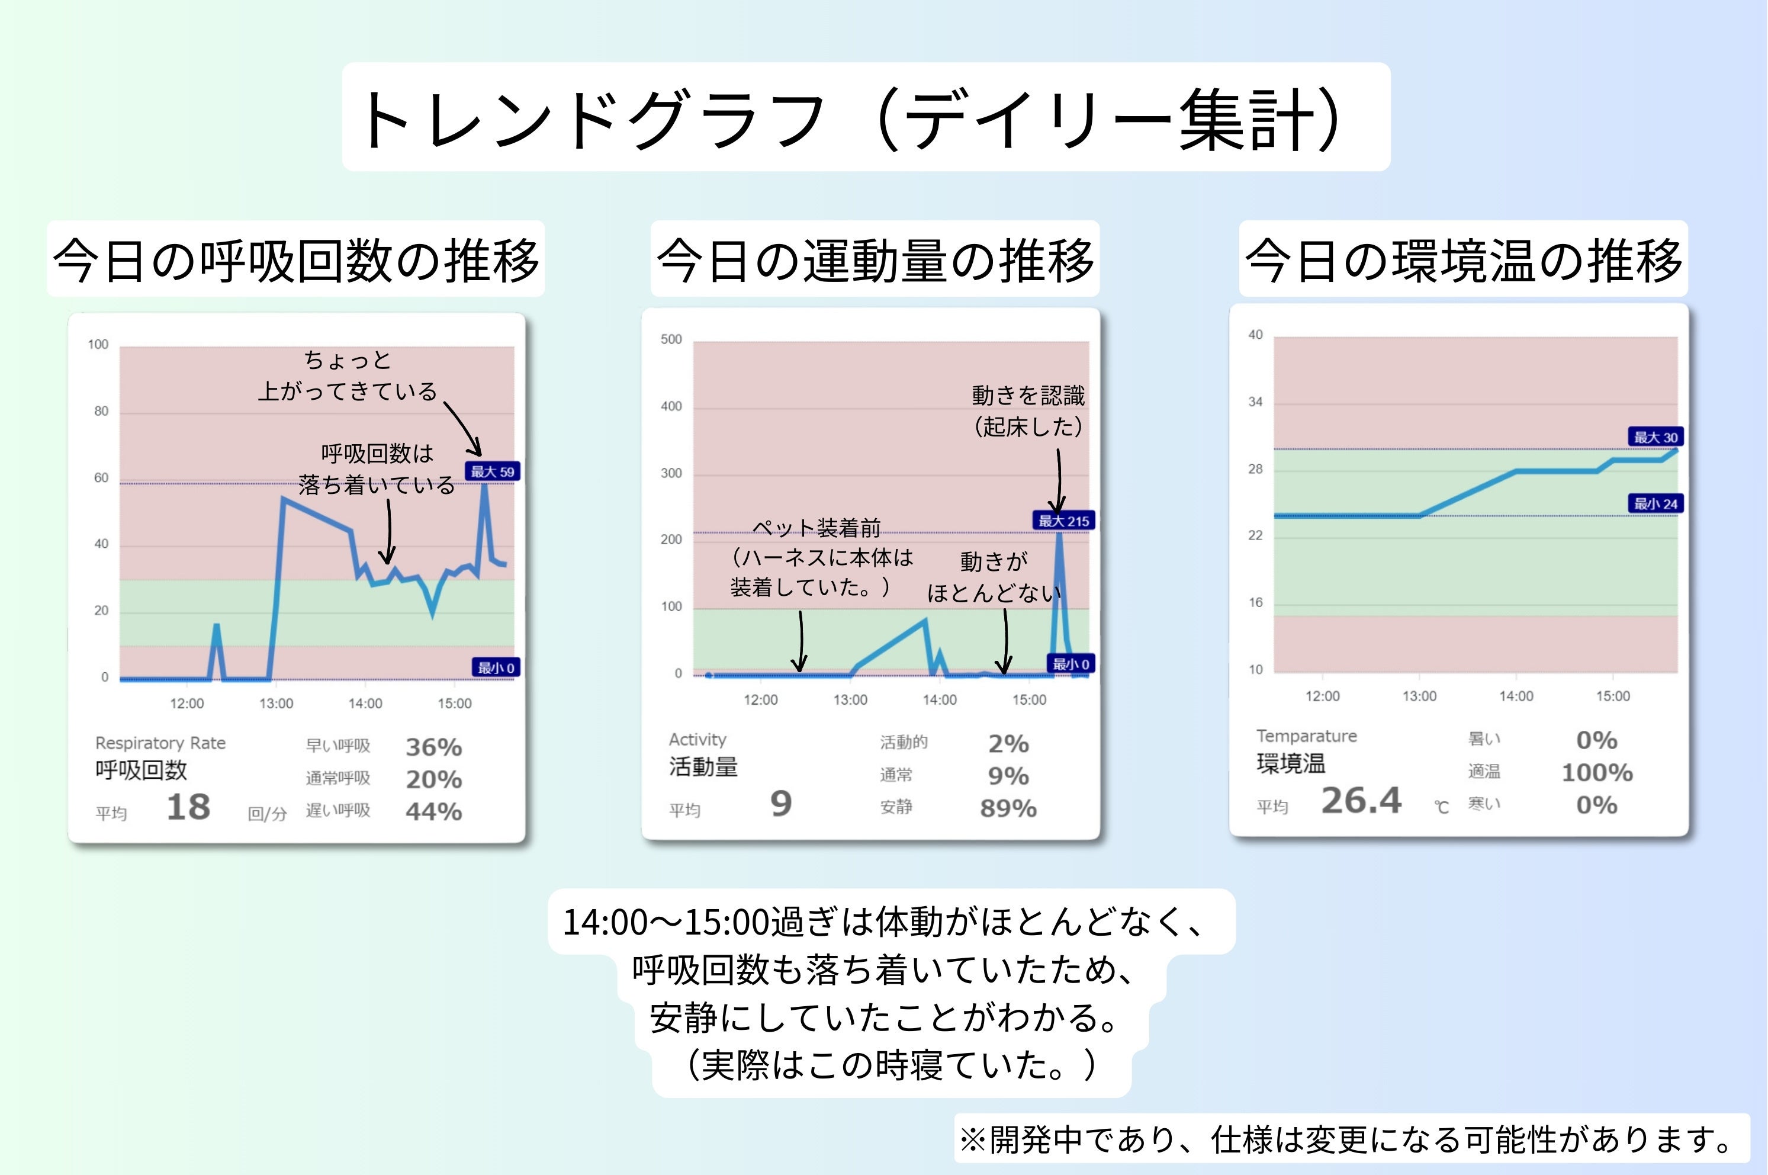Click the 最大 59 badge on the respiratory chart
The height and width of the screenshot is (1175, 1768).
pyautogui.click(x=492, y=471)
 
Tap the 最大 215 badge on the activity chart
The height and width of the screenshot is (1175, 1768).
pyautogui.click(x=1063, y=521)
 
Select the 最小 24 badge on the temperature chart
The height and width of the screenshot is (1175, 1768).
pyautogui.click(x=1656, y=503)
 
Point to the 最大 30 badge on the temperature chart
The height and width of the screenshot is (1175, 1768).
pyautogui.click(x=1656, y=437)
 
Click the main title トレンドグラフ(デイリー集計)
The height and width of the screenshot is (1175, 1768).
pyautogui.click(x=865, y=118)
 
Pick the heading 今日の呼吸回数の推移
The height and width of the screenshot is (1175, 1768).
pyautogui.click(x=296, y=259)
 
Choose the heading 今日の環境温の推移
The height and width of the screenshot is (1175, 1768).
pyautogui.click(x=1463, y=259)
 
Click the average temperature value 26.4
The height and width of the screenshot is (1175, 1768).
pyautogui.click(x=1361, y=800)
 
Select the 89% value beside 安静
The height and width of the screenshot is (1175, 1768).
pyautogui.click(x=1008, y=808)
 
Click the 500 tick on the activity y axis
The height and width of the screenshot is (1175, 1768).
pyautogui.click(x=671, y=339)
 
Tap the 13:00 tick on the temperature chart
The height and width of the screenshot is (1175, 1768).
pyautogui.click(x=1419, y=696)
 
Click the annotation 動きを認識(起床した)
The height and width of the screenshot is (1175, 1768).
pyautogui.click(x=1028, y=410)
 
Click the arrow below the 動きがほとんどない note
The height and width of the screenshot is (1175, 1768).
pyautogui.click(x=1005, y=641)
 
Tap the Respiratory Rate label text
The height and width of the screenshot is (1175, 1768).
pyautogui.click(x=160, y=743)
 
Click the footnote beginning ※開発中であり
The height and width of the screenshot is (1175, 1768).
pyautogui.click(x=1348, y=1140)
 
